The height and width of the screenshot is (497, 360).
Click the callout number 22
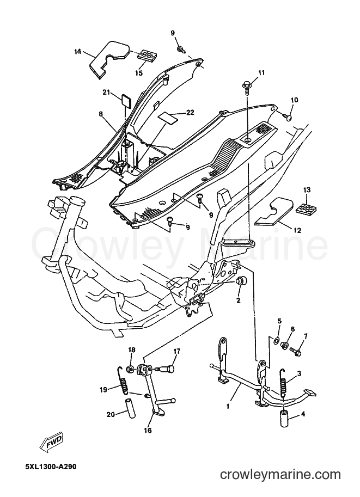[x=190, y=113]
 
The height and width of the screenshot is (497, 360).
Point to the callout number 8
[x=101, y=114]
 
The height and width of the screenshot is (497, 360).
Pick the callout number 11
[x=261, y=73]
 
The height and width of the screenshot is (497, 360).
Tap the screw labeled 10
[x=288, y=117]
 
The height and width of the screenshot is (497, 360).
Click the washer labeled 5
[x=276, y=341]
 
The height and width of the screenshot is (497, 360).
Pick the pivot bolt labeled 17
[x=164, y=369]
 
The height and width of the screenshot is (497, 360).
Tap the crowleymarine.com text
[x=280, y=475]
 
